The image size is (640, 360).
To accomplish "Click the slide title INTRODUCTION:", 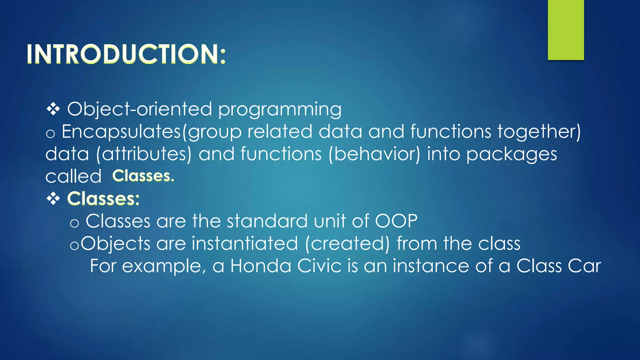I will [x=126, y=54].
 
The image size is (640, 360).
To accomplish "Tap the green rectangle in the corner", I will [x=566, y=30].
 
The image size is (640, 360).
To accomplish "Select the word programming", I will [x=280, y=110].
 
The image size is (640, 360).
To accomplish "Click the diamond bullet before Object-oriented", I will [x=53, y=109].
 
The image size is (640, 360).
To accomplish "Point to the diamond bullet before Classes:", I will [x=53, y=199].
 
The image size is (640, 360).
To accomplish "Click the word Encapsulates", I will [x=121, y=132].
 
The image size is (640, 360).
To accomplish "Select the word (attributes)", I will [x=144, y=154].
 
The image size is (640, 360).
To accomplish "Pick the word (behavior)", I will [x=374, y=154].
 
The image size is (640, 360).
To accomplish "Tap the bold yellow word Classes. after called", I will [x=143, y=176].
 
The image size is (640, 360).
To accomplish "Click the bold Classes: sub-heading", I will [x=103, y=199].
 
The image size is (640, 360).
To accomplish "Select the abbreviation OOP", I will [x=396, y=221].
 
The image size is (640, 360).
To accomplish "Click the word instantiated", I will [x=245, y=243].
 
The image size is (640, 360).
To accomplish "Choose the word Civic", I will [x=319, y=266].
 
